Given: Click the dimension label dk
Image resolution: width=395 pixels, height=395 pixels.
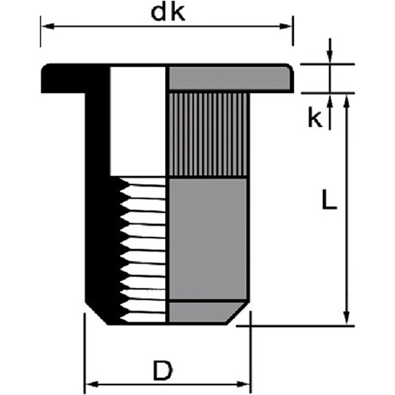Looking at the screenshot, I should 168,13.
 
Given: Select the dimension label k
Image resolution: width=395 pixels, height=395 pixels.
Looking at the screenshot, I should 315,119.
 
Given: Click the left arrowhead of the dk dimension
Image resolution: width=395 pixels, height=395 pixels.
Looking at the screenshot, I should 45,25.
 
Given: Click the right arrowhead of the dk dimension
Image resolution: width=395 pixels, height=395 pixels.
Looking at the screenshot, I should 288,25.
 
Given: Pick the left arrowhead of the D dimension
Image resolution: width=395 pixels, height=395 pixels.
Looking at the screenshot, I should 90,384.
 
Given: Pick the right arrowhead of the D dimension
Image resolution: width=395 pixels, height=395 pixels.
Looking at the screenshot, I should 246,384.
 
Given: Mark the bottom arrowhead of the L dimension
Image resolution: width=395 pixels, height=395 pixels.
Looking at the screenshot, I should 347,318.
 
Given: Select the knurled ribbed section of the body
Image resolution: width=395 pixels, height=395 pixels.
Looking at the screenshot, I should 207,134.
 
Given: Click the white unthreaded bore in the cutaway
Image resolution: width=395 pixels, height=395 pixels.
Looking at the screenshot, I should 138,121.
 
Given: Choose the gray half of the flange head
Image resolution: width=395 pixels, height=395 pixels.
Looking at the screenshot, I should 230,78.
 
